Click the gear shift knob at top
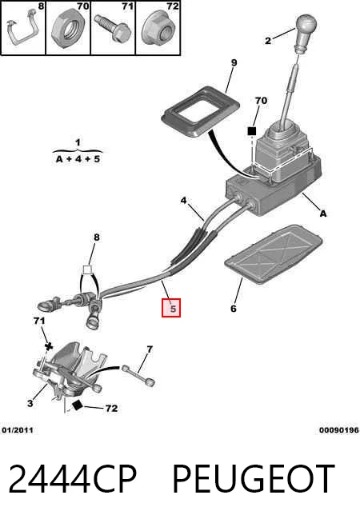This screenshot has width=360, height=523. (306, 32)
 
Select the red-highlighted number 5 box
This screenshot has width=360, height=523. (171, 308)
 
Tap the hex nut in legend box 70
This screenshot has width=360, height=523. (69, 28)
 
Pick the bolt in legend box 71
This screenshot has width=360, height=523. (112, 28)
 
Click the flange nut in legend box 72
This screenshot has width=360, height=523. (159, 29)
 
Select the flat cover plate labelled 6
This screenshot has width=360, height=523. (274, 254)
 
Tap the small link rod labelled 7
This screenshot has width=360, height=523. (138, 376)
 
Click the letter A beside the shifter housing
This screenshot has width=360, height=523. (323, 214)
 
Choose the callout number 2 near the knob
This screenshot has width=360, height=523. (268, 41)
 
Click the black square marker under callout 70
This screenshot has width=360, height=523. (251, 131)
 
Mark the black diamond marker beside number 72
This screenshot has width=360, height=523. (78, 405)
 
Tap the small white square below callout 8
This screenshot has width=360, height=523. (87, 269)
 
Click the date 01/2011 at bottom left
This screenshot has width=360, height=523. (18, 430)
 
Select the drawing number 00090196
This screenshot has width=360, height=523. (338, 430)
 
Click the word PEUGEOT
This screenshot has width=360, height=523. (254, 479)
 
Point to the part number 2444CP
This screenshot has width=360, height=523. (73, 479)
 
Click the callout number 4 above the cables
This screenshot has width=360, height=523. (183, 201)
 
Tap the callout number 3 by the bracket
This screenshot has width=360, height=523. (30, 403)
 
